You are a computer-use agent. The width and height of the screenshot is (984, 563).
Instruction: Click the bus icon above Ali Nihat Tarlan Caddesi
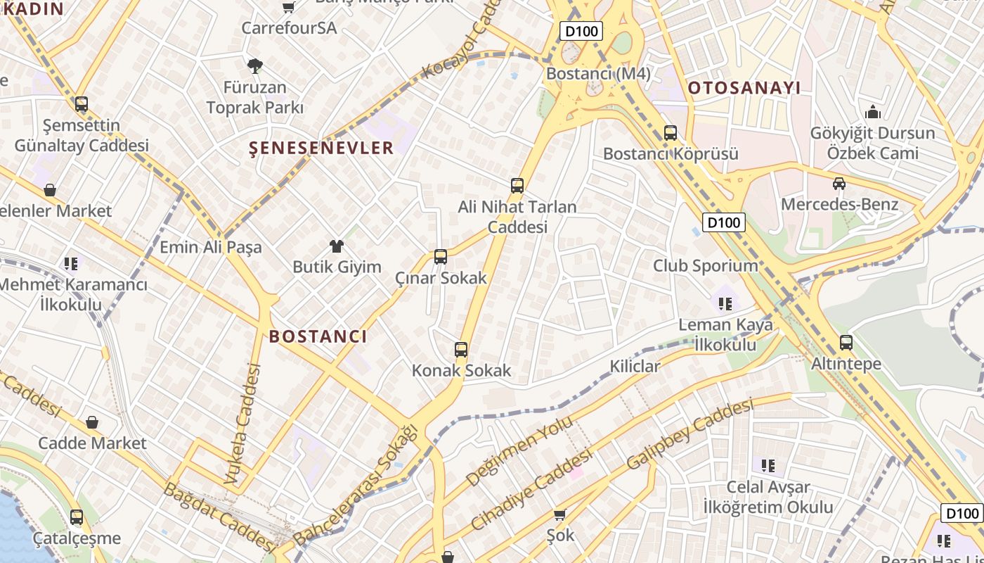tap(517, 186)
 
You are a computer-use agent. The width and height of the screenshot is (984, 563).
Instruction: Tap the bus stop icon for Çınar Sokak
tap(441, 257)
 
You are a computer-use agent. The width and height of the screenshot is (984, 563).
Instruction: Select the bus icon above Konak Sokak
tap(461, 350)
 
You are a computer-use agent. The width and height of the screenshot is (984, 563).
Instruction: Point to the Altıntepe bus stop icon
tap(846, 343)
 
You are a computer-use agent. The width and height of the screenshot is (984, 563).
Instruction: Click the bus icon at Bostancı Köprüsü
tap(671, 132)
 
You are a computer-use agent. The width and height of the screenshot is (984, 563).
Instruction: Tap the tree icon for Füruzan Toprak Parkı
tap(254, 66)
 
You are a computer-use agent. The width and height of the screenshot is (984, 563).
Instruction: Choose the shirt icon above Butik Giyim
tap(337, 246)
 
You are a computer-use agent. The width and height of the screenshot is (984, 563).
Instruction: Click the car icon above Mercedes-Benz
tap(839, 184)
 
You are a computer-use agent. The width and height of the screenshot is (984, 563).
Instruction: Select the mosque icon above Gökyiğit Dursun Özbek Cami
tap(873, 112)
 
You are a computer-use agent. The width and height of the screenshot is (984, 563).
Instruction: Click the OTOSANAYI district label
tap(744, 88)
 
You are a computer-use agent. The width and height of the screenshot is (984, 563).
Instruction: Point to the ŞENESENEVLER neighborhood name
tap(322, 148)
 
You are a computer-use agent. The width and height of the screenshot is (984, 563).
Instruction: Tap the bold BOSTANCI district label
tap(318, 336)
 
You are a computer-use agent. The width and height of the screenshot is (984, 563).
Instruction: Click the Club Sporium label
tap(706, 266)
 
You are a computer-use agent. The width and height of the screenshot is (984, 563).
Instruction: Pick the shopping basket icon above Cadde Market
tap(92, 422)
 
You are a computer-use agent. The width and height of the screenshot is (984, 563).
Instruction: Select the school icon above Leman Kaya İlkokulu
tap(725, 304)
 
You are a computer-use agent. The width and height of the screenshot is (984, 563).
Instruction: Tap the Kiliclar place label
tap(635, 366)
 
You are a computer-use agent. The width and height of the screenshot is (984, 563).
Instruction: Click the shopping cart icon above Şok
tap(560, 514)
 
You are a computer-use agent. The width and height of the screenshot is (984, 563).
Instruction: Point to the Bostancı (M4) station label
tap(598, 74)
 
